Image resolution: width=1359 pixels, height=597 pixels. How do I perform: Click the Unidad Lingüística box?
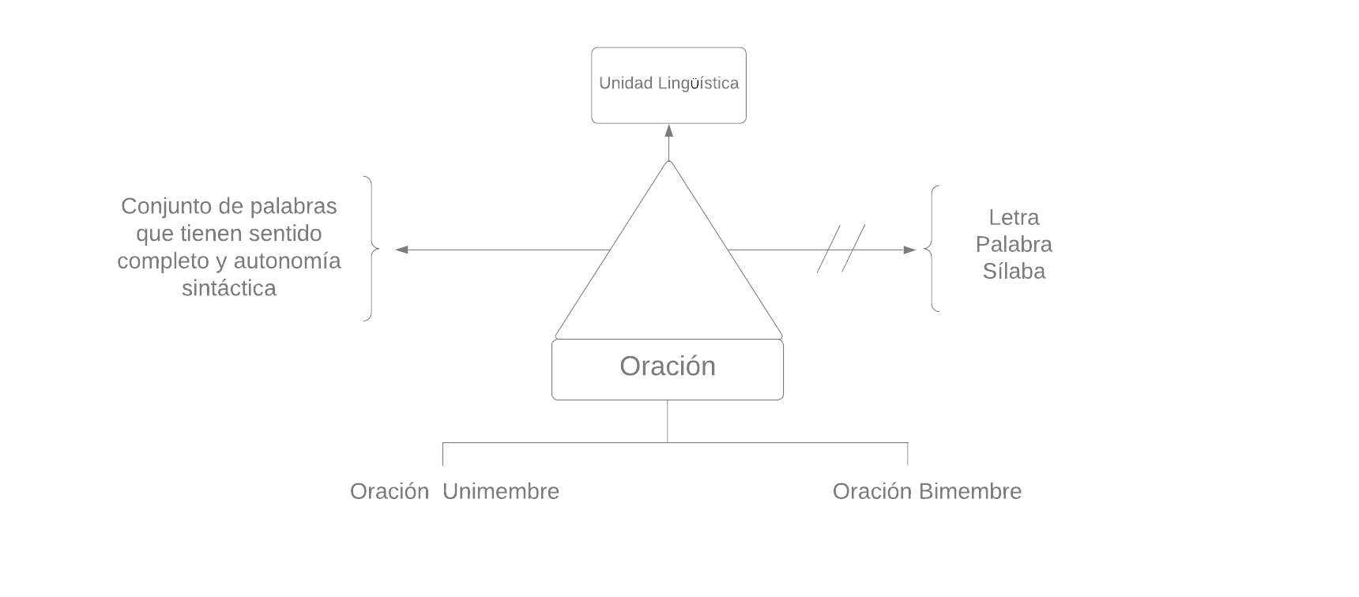pos(668,84)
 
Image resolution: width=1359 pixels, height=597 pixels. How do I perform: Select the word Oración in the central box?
pos(668,366)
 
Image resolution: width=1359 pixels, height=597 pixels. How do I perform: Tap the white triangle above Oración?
pos(668,268)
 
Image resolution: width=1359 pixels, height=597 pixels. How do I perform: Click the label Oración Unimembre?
pos(454,491)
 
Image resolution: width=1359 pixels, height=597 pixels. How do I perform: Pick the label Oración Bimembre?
pos(927,491)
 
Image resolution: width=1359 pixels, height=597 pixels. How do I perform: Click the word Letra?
pos(1014,217)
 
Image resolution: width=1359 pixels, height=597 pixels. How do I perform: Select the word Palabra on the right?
pos(1014,244)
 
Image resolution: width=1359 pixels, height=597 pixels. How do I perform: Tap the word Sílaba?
pos(1014,271)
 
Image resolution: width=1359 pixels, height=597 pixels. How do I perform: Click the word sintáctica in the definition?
pos(229,288)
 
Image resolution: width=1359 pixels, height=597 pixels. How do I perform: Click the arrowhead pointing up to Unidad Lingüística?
pos(668,131)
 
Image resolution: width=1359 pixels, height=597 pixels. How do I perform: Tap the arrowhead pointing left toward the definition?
pos(401,250)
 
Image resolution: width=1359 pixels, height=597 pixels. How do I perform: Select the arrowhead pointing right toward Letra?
pos(909,250)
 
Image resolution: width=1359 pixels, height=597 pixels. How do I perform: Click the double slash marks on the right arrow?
pos(841,249)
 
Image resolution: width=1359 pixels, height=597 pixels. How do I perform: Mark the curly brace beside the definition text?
pos(370,249)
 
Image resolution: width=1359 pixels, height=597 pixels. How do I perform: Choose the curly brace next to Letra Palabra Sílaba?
pos(933,249)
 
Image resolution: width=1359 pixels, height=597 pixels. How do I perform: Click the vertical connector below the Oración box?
pos(668,421)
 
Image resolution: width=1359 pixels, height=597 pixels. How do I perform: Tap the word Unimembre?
pos(501,491)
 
